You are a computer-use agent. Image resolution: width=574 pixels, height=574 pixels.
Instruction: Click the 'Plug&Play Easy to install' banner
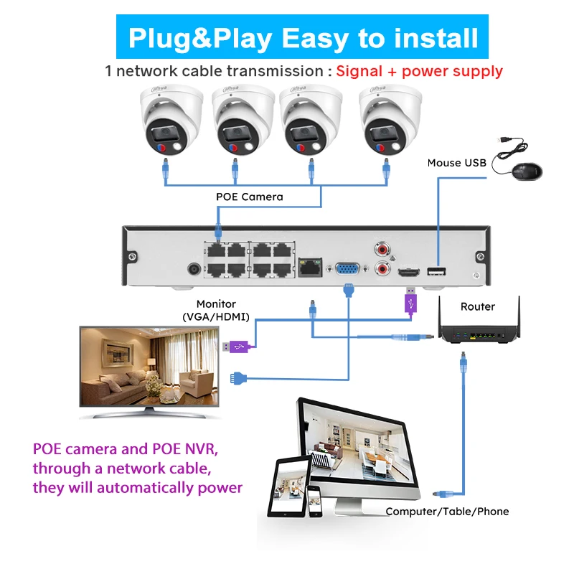302,37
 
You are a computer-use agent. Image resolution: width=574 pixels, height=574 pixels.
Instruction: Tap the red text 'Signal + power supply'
419,71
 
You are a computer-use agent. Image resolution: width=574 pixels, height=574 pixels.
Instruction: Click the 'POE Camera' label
250,196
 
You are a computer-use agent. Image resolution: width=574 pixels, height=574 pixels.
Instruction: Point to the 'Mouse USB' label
456,163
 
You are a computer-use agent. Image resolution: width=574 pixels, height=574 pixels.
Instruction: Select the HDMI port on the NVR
409,273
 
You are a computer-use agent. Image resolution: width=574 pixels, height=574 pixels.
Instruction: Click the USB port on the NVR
436,271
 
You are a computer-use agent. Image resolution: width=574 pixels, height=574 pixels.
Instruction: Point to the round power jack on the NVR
193,270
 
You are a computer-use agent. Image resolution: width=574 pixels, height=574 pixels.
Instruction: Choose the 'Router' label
478,306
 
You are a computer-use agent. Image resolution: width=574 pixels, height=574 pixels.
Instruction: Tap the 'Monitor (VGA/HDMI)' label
216,310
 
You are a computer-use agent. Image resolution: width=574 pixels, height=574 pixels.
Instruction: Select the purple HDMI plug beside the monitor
237,347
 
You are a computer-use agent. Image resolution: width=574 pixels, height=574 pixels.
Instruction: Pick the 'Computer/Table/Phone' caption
447,512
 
